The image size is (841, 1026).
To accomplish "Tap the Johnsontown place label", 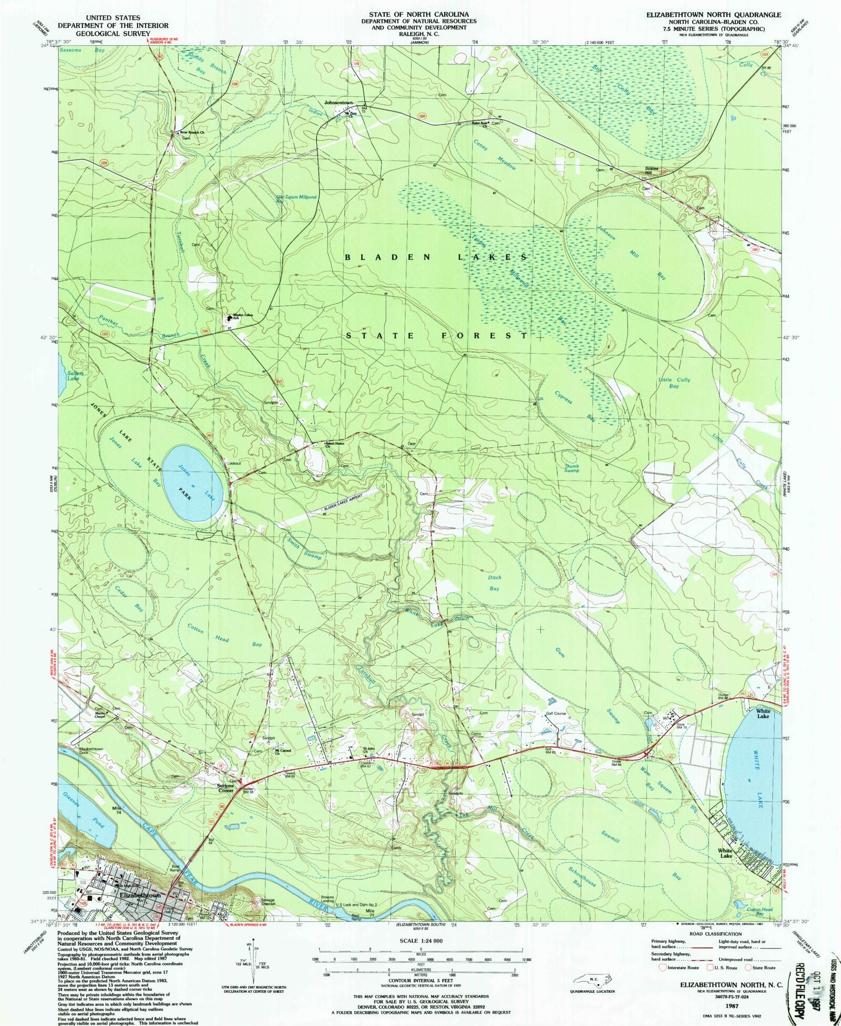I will point(339,102).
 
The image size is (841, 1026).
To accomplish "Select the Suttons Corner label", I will point(226,788).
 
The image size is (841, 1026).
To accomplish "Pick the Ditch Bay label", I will point(495,583).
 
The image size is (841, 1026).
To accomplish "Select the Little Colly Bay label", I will point(674,382).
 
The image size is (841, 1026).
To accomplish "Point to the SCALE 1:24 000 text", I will point(420,941).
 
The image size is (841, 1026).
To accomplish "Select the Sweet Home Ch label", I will point(334,444).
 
